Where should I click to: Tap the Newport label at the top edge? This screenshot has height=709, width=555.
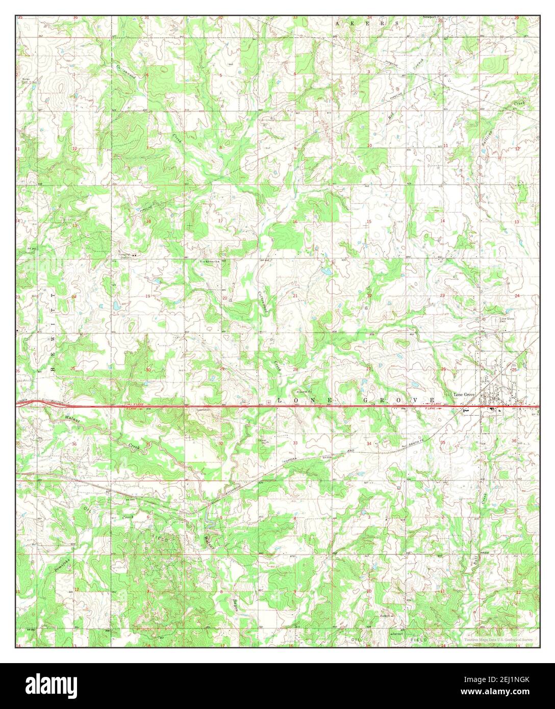click(429, 17)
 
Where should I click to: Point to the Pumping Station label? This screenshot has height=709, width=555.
click(125, 256)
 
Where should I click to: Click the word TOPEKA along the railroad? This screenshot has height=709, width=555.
click(293, 461)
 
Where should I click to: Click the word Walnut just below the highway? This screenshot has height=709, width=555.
click(74, 420)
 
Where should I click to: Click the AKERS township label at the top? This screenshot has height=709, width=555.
click(367, 23)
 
